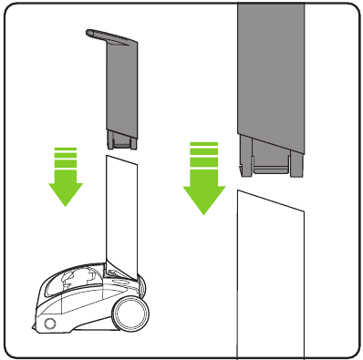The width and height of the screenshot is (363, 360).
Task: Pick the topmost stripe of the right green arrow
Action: tap(205, 144)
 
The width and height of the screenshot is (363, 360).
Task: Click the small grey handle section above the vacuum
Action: tap(121, 87)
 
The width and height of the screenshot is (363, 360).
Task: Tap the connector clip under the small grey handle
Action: tap(121, 139)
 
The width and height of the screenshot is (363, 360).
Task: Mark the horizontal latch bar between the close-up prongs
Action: tap(270, 168)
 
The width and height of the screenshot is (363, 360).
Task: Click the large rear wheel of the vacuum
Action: tap(130, 316)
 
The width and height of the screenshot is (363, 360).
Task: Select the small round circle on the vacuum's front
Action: tap(48, 324)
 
